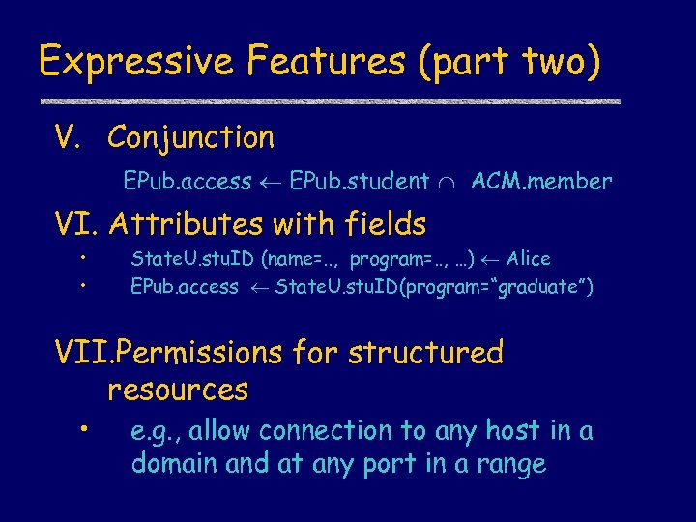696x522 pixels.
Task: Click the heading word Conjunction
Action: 190,137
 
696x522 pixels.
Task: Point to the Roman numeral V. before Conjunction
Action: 71,137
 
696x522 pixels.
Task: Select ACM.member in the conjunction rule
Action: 541,181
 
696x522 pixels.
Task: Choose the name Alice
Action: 529,259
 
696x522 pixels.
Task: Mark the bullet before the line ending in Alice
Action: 84,258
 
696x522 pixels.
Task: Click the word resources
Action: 178,391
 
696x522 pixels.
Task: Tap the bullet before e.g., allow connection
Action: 87,429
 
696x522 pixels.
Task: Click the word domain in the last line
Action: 174,464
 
